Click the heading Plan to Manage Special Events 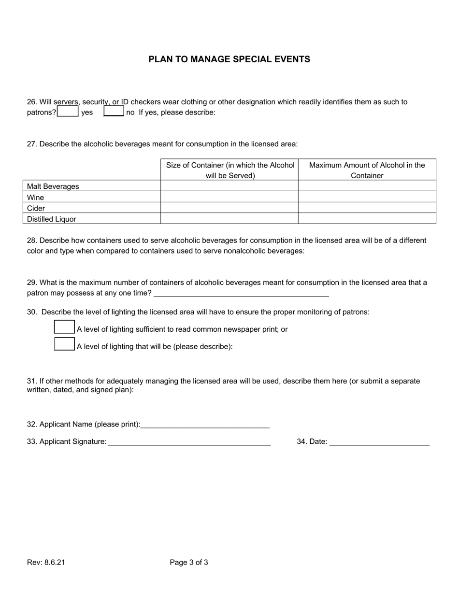pos(229,59)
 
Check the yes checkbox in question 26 pos(68,112)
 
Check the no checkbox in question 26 pos(114,112)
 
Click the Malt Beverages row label pos(53,186)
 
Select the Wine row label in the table pos(35,198)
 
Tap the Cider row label pos(36,209)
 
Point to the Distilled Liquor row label pos(52,219)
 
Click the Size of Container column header pos(230,170)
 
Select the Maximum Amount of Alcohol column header pos(367,170)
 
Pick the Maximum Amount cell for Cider pos(367,208)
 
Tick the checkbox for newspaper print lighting pos(64,327)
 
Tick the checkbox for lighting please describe pos(64,344)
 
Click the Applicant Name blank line pos(205,424)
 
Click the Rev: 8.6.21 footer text pos(46,562)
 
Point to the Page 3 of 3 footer pos(189,562)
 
